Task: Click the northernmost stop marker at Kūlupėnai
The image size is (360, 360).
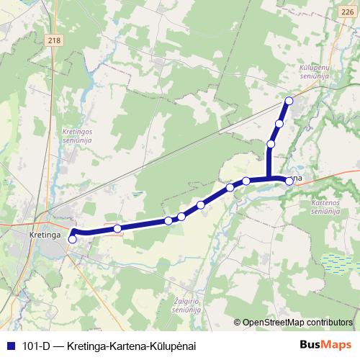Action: point(289,101)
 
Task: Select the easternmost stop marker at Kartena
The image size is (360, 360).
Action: point(289,181)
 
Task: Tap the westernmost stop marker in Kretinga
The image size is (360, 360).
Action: point(72,238)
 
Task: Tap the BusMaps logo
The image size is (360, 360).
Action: point(325,345)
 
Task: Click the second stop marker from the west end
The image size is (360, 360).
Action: point(117,228)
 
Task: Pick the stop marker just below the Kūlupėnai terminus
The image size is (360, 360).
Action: point(279,124)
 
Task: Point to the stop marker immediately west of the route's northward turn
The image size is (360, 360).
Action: point(246,181)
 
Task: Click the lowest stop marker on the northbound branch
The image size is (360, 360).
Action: point(271,144)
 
